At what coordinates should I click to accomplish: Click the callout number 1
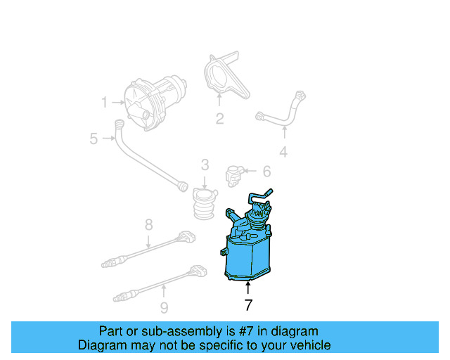(x=104, y=103)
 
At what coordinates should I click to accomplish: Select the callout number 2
(x=219, y=119)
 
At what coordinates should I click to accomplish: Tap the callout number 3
(x=205, y=165)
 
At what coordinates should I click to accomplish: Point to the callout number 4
(x=283, y=151)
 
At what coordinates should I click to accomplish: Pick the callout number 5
(x=94, y=139)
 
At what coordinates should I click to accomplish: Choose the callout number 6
(x=266, y=171)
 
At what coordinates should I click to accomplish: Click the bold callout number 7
(x=247, y=305)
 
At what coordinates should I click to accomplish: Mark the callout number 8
(x=148, y=225)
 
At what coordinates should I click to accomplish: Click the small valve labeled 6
(x=235, y=174)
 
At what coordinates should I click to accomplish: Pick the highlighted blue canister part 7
(x=247, y=246)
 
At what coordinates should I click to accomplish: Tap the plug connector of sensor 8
(x=186, y=236)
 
